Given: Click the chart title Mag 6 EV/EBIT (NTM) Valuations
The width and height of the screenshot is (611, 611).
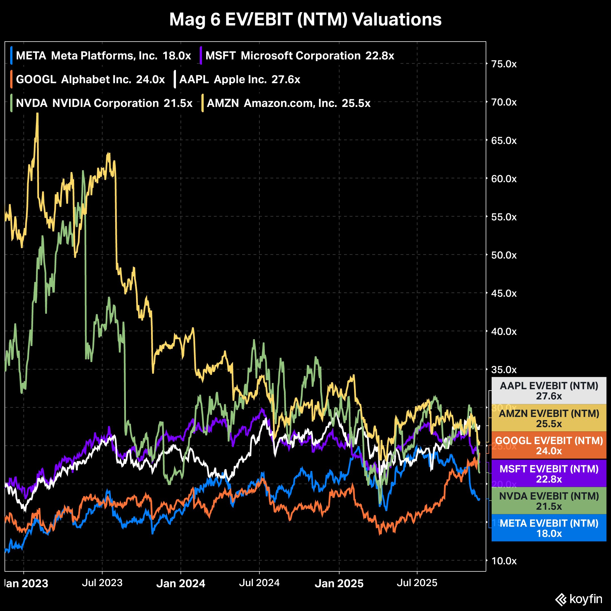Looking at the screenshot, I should (305, 20).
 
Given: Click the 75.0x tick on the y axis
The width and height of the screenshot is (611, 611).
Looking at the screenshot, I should (504, 64).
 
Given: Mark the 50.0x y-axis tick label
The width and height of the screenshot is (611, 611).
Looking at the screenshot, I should (504, 255).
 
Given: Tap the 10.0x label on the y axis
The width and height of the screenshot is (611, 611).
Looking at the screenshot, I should (504, 561).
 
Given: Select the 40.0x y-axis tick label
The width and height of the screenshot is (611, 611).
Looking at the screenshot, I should (504, 332).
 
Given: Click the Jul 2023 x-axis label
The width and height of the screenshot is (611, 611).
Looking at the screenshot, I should (102, 582).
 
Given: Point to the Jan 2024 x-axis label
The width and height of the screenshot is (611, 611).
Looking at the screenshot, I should (181, 583).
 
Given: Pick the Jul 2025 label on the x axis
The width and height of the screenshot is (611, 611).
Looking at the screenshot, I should (417, 582).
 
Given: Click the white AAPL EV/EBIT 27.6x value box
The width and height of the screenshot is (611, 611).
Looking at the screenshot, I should (549, 391).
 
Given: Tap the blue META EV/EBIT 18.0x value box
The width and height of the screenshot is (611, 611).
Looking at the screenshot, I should (549, 528).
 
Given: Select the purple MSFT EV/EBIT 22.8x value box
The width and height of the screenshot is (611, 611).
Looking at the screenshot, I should (549, 474).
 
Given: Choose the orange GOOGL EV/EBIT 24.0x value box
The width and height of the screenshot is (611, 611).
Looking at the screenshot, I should (549, 446).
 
